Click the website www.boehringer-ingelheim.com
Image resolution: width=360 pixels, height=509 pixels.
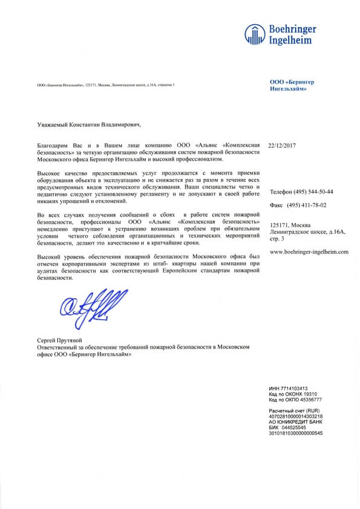tap(309, 251)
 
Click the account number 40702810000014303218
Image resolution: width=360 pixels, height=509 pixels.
tap(296, 417)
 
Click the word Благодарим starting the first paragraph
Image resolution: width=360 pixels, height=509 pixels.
tap(51, 146)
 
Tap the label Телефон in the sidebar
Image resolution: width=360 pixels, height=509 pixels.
tap(281, 192)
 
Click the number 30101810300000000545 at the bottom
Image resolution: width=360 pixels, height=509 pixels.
tap(296, 433)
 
